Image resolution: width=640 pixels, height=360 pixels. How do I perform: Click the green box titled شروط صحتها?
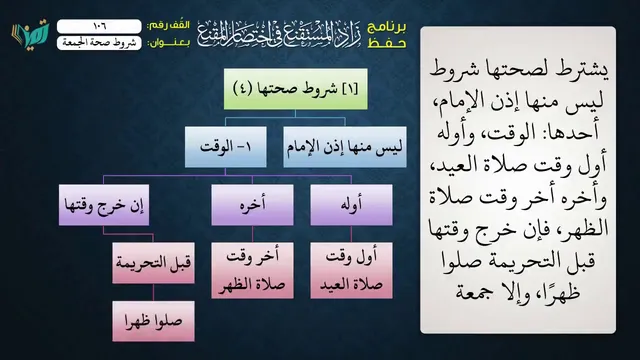click(296, 89)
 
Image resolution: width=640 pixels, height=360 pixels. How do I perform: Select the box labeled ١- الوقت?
click(226, 147)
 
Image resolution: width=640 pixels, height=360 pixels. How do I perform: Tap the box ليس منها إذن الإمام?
click(345, 147)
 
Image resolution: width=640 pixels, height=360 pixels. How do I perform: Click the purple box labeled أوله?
click(351, 205)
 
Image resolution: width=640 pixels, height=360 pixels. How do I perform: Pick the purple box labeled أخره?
click(252, 205)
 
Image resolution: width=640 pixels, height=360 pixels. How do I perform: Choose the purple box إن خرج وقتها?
click(104, 205)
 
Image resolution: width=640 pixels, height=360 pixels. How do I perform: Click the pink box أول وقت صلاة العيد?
click(351, 271)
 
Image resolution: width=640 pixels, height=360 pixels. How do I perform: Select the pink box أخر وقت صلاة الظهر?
click(252, 271)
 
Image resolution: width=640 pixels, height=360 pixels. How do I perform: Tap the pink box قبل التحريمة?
click(153, 263)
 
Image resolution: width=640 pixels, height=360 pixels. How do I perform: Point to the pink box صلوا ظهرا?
click(153, 321)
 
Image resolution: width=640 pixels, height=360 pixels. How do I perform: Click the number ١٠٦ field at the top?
click(99, 26)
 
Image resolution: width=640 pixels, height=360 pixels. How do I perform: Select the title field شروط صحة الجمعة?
click(99, 43)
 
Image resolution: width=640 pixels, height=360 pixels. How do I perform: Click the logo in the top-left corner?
click(30, 34)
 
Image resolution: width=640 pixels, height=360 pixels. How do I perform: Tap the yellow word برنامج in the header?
click(387, 27)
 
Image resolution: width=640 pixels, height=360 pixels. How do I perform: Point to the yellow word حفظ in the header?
click(387, 43)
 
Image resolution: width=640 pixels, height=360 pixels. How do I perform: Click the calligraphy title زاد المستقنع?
click(280, 33)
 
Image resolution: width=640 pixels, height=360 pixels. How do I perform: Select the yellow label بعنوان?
click(169, 43)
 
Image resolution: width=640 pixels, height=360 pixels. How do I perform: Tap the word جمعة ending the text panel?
click(473, 294)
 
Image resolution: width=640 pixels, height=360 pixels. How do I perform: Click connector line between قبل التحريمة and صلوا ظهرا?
click(153, 292)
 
